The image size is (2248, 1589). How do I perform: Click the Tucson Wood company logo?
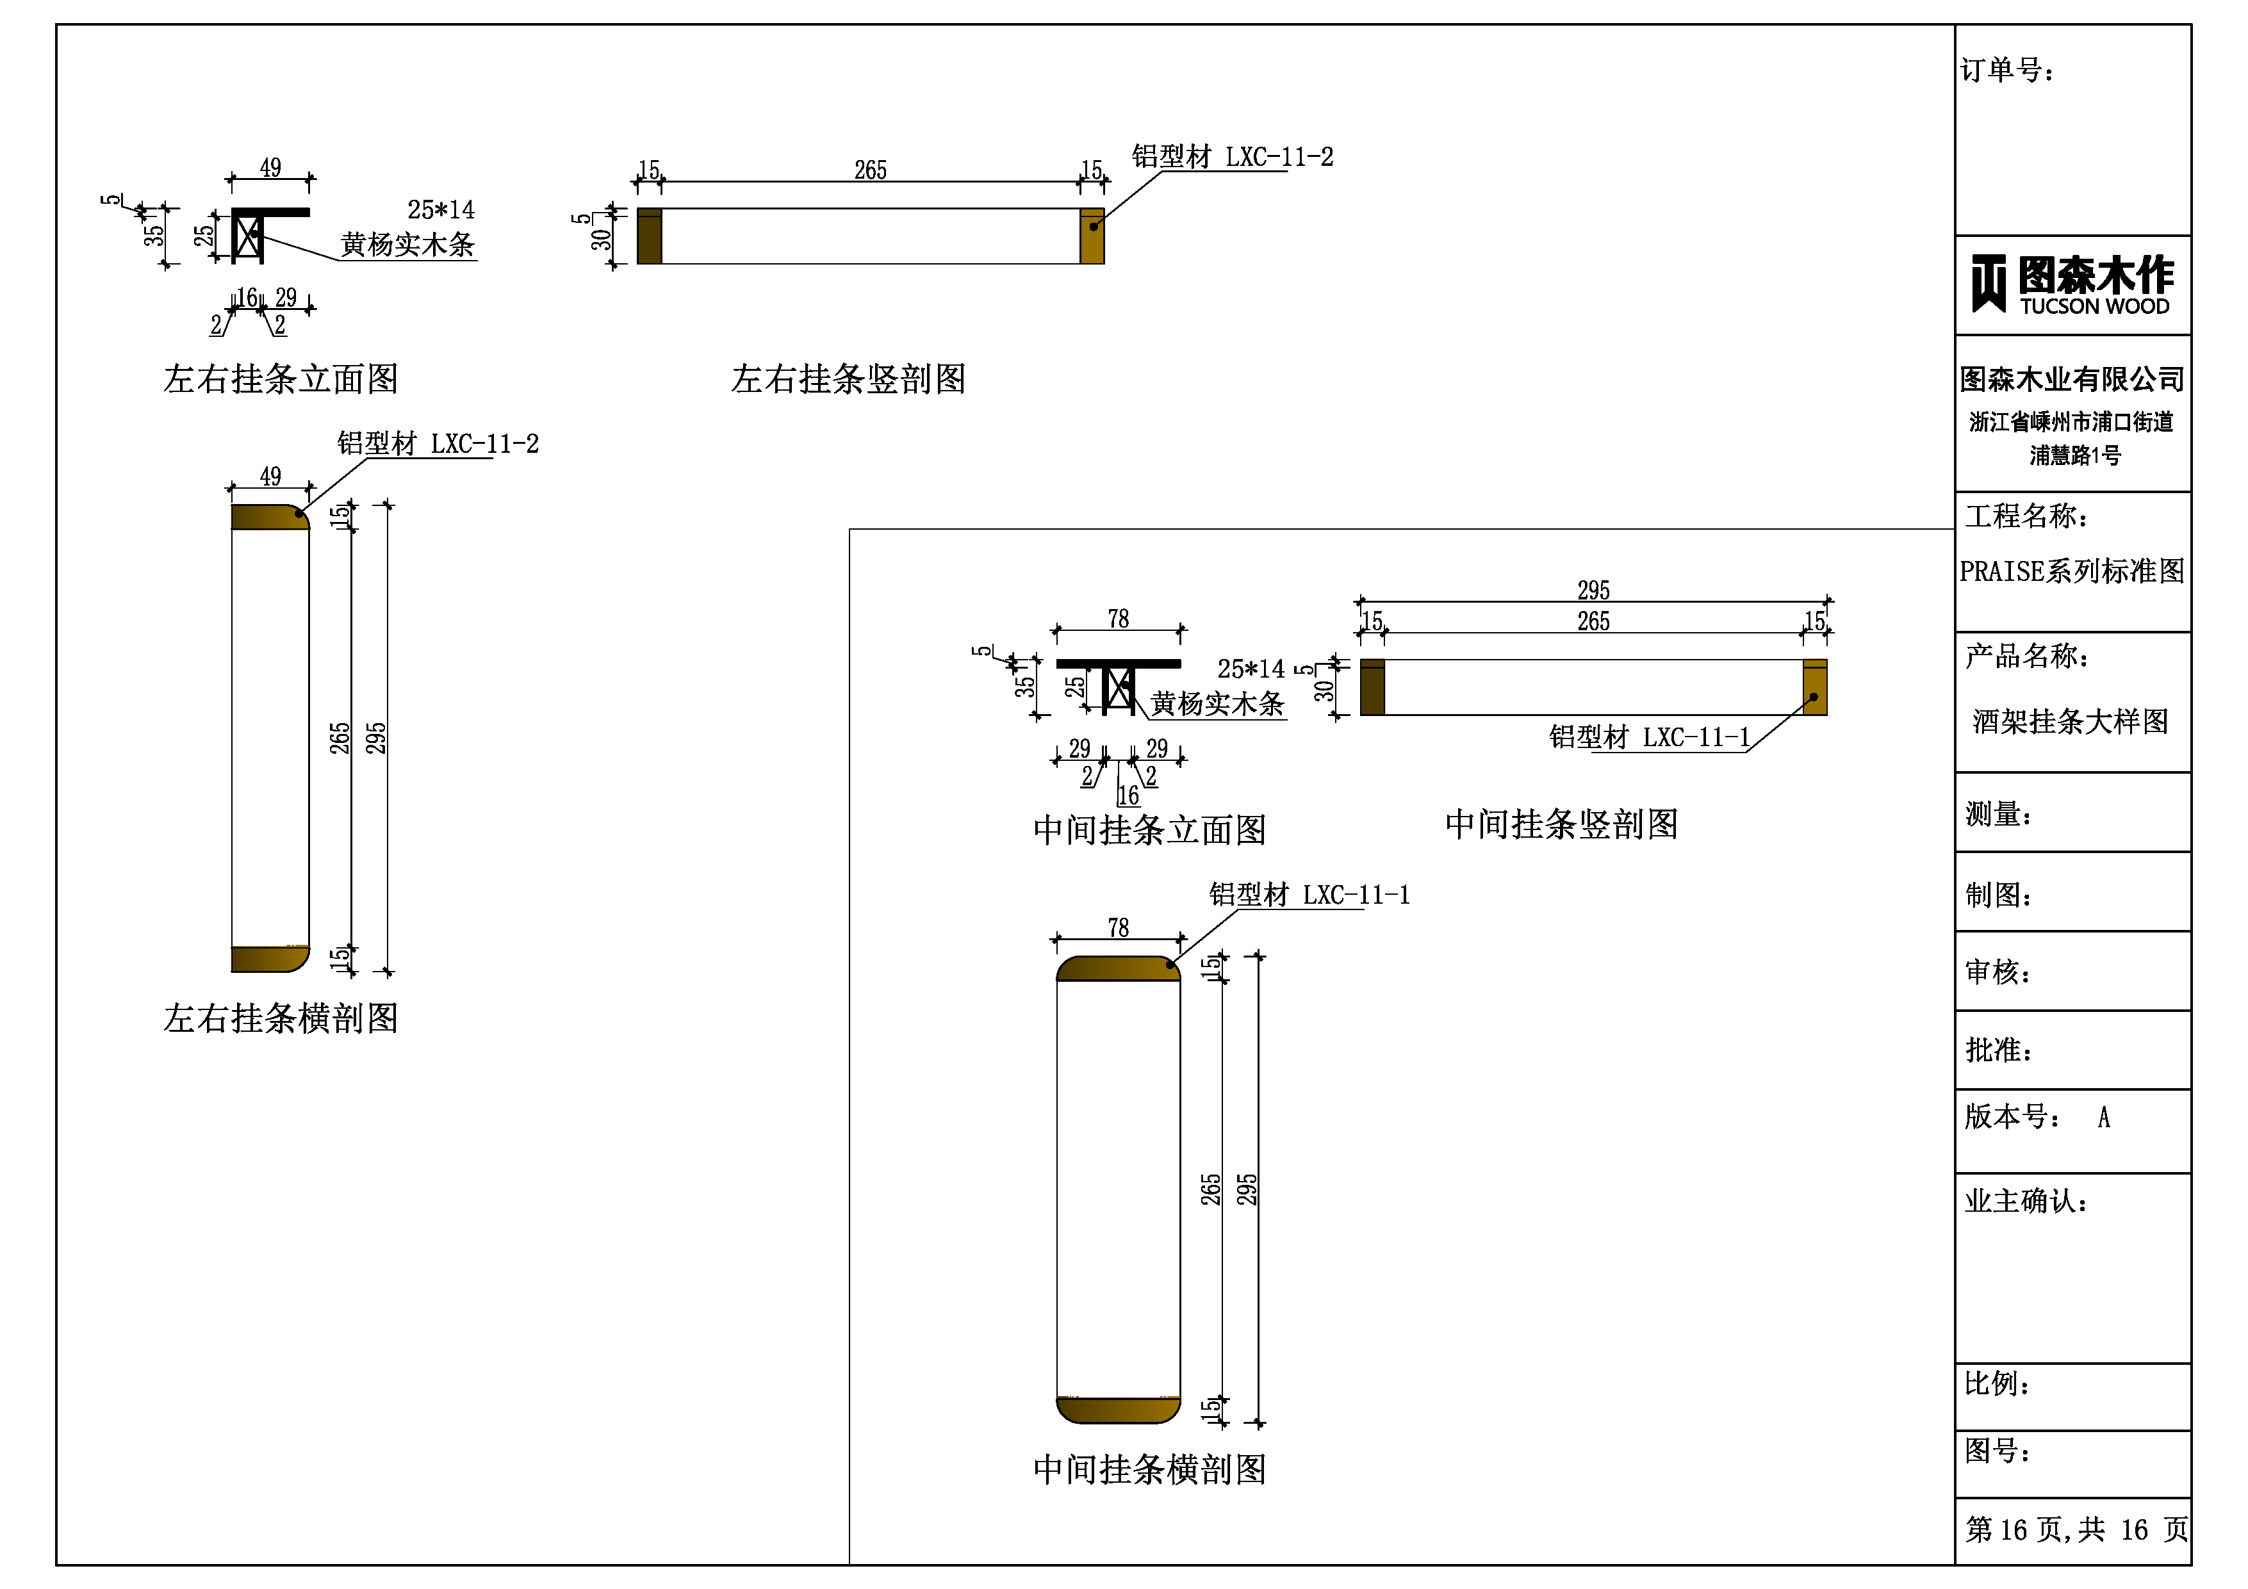coord(2072,285)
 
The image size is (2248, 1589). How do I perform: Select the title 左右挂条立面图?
coord(281,379)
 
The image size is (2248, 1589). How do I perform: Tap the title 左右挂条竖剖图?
coord(848,379)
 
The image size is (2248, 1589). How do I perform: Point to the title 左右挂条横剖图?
coord(281,1018)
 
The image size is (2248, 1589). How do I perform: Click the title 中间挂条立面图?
coord(1149,830)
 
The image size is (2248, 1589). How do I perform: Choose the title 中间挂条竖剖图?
coord(1562,824)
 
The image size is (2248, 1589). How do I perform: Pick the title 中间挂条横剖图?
coord(1149,1469)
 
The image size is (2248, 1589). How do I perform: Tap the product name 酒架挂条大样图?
coord(2070,722)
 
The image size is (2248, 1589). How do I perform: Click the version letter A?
coord(2103,1117)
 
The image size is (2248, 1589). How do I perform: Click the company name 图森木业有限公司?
coord(2072,379)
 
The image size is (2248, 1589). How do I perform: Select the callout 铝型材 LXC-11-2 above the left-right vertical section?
coord(1232,157)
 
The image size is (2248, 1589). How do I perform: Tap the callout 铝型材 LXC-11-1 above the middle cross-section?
coord(1309,894)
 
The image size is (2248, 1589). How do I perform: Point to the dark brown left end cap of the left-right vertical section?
coord(649,236)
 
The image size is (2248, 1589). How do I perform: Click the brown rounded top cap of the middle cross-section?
coord(1118,968)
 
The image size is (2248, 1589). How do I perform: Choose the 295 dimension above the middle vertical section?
coord(1593,589)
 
